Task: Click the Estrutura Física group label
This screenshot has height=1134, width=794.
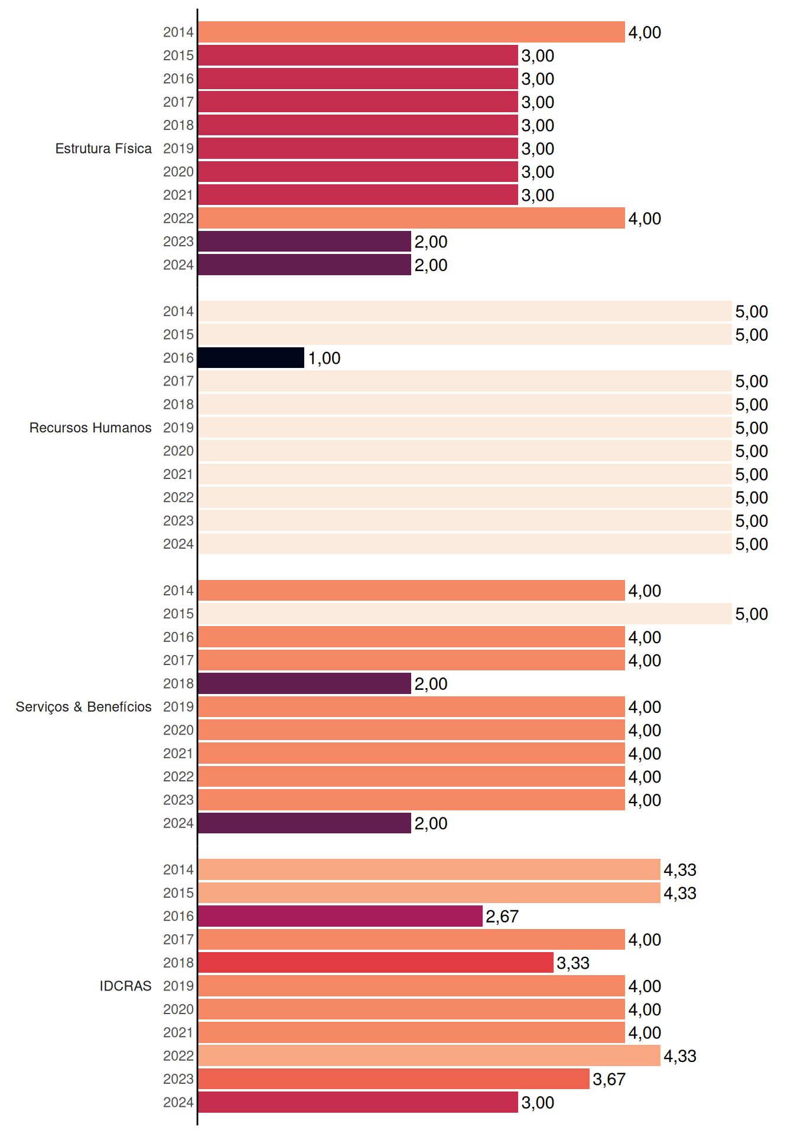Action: pyautogui.click(x=103, y=148)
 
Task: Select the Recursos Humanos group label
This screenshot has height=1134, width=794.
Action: pyautogui.click(x=90, y=428)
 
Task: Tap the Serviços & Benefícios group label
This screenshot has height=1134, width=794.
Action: pyautogui.click(x=83, y=707)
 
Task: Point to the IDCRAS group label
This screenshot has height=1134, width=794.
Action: pyautogui.click(x=125, y=986)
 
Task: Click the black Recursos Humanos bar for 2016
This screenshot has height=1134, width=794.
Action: pyautogui.click(x=251, y=358)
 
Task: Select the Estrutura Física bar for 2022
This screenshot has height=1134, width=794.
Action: pyautogui.click(x=411, y=218)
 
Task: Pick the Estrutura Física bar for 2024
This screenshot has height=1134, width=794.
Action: pyautogui.click(x=304, y=265)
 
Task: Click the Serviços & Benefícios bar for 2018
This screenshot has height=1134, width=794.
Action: pyautogui.click(x=304, y=683)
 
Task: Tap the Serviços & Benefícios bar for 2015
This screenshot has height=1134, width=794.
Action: pyautogui.click(x=465, y=614)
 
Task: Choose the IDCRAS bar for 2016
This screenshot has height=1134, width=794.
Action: pyautogui.click(x=340, y=916)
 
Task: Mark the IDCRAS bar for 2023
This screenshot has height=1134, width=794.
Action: pyautogui.click(x=393, y=1079)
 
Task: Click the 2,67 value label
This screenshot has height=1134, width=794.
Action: pyautogui.click(x=502, y=917)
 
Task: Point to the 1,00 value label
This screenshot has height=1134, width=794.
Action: pyautogui.click(x=324, y=359)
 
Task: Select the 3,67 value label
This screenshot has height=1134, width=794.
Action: pyautogui.click(x=609, y=1080)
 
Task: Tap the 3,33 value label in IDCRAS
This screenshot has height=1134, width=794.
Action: pyautogui.click(x=573, y=963)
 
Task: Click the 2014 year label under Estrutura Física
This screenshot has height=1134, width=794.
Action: pyautogui.click(x=178, y=32)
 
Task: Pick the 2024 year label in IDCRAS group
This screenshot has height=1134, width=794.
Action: pyautogui.click(x=178, y=1103)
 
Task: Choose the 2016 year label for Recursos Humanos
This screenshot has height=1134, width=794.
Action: pyautogui.click(x=178, y=358)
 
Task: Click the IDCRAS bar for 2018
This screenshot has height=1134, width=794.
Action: pyautogui.click(x=376, y=963)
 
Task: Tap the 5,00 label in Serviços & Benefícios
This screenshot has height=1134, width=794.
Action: pyautogui.click(x=751, y=614)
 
